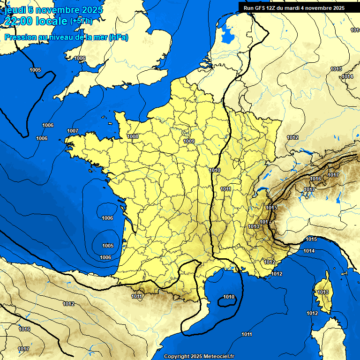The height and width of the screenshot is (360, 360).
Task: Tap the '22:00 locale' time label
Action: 36,21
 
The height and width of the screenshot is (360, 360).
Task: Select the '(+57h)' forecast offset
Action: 81,21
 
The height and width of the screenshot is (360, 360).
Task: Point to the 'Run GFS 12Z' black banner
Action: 294,7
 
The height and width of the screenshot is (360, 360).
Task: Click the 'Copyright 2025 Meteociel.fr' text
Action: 199,357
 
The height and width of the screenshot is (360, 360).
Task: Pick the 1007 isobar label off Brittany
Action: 73,131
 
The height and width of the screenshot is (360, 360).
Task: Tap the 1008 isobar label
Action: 133,136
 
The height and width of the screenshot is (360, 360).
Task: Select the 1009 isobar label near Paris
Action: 189,141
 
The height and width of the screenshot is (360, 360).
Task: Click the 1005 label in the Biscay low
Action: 108,246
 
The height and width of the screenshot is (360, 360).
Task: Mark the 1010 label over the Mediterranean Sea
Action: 229,297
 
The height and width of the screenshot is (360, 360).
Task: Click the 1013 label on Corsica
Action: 323,292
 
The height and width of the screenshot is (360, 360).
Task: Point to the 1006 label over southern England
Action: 80,59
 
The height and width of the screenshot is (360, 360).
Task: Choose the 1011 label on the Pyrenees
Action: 136,296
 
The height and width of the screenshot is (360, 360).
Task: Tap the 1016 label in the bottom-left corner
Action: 24,330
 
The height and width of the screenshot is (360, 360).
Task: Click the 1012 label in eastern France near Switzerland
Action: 292,137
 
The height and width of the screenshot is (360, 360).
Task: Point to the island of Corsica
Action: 322,295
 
